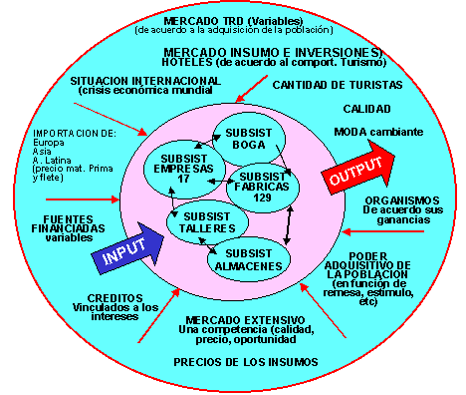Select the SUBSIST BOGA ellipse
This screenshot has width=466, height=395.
pos(249,139)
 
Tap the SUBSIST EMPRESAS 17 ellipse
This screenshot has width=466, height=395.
pos(183,170)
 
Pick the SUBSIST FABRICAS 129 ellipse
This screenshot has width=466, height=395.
pos(262,188)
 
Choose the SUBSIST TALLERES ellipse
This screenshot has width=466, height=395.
pos(207,222)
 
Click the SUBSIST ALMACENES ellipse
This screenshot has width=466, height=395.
pos(249,260)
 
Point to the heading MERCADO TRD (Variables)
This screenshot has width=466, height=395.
pos(233,21)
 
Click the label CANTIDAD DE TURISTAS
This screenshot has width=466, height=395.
pos(338,85)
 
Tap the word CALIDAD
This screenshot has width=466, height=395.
pos(366,109)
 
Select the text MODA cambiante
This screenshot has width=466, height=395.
pos(378,132)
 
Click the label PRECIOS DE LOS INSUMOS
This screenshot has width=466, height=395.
pos(246,362)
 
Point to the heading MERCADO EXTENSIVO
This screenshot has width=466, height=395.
pos(245,320)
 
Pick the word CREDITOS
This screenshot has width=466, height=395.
pos(115,298)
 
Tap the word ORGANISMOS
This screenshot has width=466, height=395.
pos(402,200)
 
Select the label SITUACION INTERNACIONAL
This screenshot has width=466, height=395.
pos(145,81)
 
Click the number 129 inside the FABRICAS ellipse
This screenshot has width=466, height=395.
pos(262,197)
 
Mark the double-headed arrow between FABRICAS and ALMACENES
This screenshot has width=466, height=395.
pos(289,225)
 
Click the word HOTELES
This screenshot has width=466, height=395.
pos(187,62)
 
